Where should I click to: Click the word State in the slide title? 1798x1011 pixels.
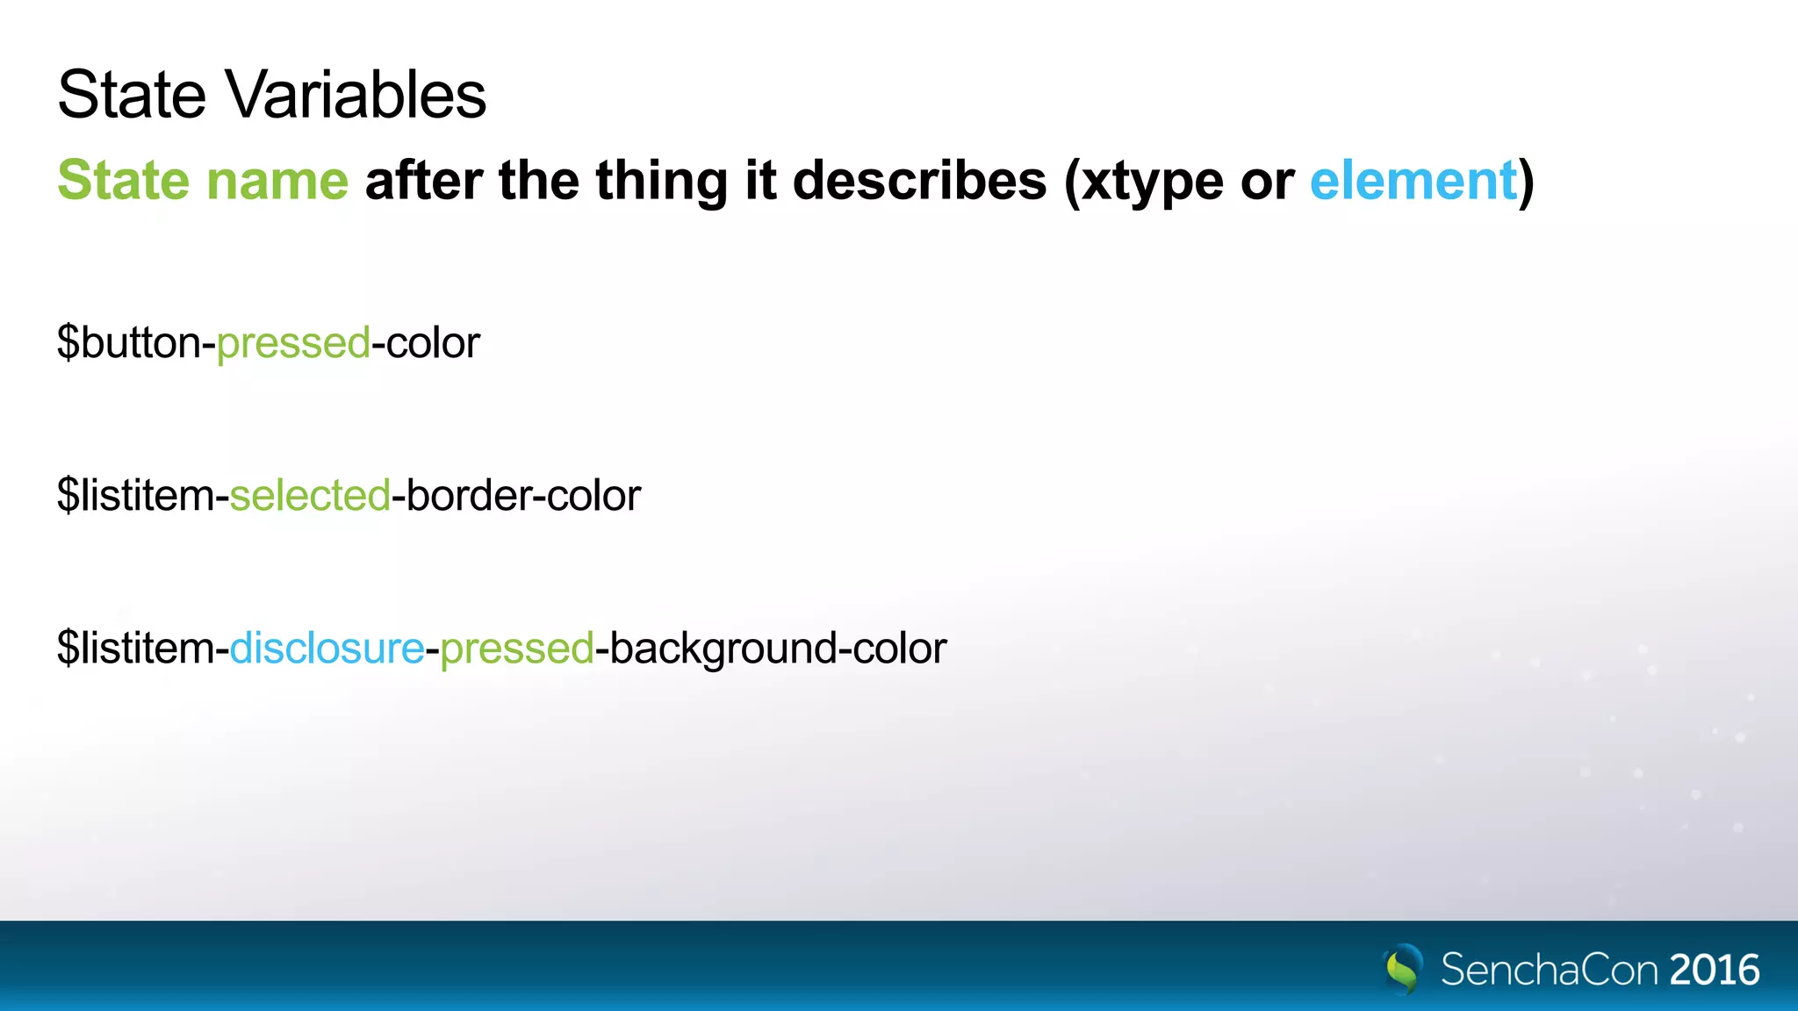coord(133,95)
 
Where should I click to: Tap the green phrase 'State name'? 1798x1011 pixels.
coord(203,180)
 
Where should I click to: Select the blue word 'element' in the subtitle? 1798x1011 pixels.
coord(1413,180)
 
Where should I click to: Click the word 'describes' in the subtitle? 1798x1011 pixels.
coord(919,180)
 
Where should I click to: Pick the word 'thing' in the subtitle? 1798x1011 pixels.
coord(661,182)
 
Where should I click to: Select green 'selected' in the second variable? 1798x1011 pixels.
coord(310,495)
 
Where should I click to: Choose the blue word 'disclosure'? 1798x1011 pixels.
coord(327,649)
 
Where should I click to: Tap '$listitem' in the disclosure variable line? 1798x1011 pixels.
coord(136,649)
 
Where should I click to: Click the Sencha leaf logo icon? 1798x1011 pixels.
coord(1403,968)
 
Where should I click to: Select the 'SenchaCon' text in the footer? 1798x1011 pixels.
coord(1550,970)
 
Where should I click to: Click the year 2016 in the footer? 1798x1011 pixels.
coord(1714,970)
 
